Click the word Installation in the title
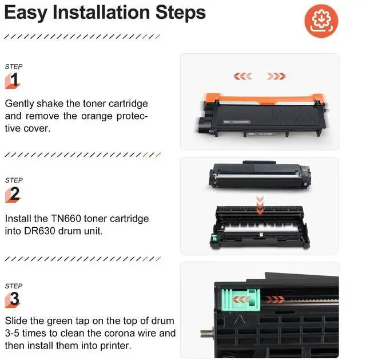coord(101,13)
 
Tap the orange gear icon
coord(321,21)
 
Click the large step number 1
coord(14,80)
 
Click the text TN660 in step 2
coord(66,219)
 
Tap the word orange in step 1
coord(97,116)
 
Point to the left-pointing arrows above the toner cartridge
coord(242,76)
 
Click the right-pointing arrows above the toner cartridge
coord(276,76)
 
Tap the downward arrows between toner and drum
coord(260,205)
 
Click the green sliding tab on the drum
coord(240,300)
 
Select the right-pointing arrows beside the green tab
coord(276,299)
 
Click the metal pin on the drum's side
coord(206,333)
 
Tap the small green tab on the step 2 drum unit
coord(214,239)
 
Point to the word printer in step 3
coord(116,346)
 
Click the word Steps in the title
coord(181,13)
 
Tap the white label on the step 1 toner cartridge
coord(236,122)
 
